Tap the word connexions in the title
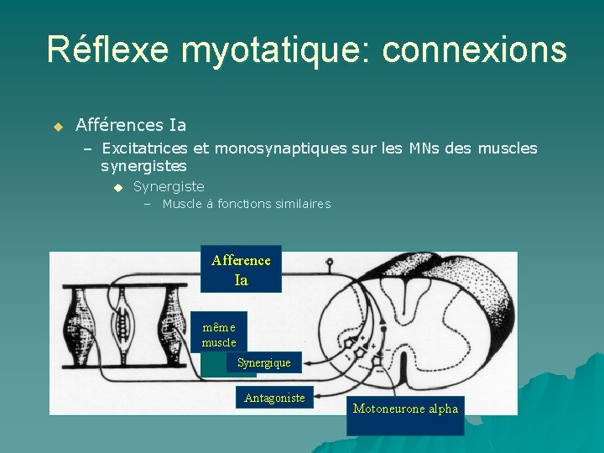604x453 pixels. (x=474, y=49)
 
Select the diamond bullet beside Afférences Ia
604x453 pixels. (x=58, y=127)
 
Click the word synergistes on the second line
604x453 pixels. (x=143, y=166)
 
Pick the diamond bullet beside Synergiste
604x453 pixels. (x=118, y=187)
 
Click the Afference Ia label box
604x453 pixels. (x=241, y=269)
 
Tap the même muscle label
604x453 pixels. (x=219, y=334)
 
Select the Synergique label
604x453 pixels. (x=263, y=362)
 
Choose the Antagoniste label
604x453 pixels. (x=274, y=398)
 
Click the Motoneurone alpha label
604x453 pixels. (x=405, y=409)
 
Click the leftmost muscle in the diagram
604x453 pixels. (x=81, y=326)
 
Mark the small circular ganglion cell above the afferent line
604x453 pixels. (x=330, y=262)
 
